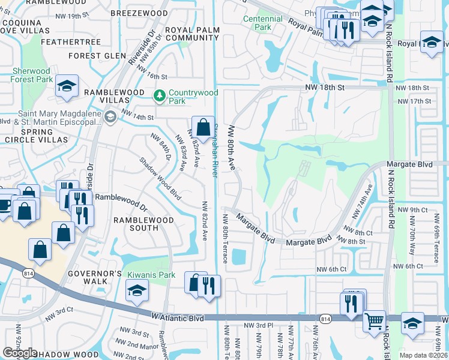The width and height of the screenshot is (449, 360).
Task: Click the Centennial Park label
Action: [x=262, y=23]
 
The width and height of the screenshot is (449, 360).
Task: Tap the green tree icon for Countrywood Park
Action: [x=160, y=95]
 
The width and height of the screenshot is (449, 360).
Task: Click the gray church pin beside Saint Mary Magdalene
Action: [x=109, y=117]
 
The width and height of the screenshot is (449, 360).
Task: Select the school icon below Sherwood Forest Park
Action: [x=66, y=86]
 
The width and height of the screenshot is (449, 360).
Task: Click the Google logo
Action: [x=20, y=353]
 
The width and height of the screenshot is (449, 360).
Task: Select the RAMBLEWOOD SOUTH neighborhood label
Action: [x=144, y=224]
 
